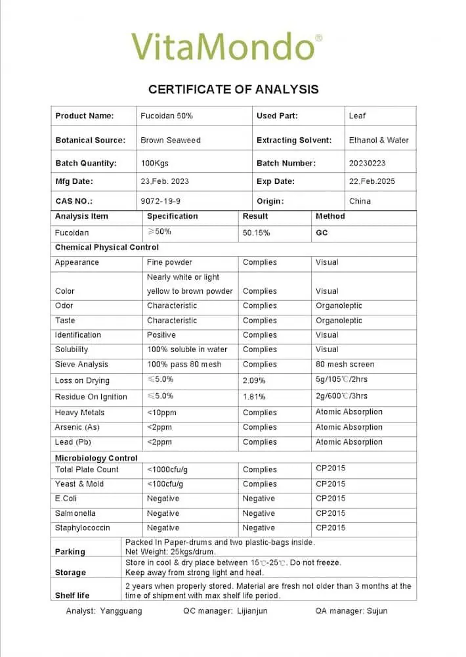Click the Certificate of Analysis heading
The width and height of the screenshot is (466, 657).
(x=233, y=89)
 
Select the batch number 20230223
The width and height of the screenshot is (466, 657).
(x=368, y=163)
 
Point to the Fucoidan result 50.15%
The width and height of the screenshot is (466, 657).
(x=256, y=233)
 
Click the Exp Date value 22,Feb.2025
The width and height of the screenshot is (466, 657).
(x=372, y=181)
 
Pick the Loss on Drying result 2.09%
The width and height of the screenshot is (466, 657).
(x=254, y=381)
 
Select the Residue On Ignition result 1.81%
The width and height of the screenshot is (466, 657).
(x=254, y=397)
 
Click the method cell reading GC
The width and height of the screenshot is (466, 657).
(x=322, y=233)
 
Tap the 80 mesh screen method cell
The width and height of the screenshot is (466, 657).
(x=345, y=365)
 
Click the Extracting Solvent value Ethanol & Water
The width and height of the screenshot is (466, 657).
(x=379, y=140)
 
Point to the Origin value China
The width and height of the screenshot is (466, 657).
(x=360, y=201)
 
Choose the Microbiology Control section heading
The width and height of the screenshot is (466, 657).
(x=96, y=458)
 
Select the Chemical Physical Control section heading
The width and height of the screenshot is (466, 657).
(x=107, y=248)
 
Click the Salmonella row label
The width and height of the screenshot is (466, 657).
(x=75, y=513)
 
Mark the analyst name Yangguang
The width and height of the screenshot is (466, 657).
(x=121, y=611)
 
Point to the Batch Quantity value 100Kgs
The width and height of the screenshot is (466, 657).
(x=154, y=163)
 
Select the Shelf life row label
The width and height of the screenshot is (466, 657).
(x=72, y=595)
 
